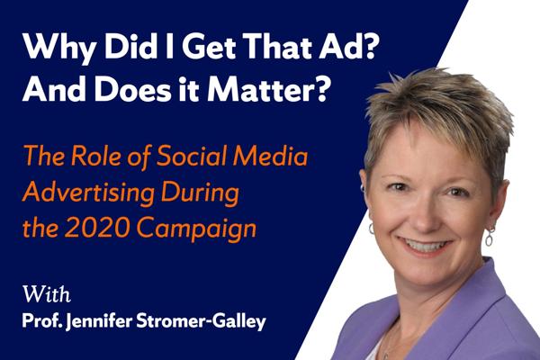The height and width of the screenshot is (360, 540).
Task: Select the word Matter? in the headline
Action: pyautogui.click(x=267, y=88)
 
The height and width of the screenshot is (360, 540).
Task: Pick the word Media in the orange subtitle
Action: pyautogui.click(x=270, y=156)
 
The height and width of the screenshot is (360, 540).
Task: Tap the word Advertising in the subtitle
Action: pyautogui.click(x=88, y=193)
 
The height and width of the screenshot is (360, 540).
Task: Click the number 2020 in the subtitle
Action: pyautogui.click(x=97, y=228)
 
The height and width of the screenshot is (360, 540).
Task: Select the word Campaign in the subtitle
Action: pyautogui.click(x=196, y=230)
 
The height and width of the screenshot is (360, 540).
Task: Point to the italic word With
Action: pyautogui.click(x=47, y=294)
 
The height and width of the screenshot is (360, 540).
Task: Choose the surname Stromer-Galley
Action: pyautogui.click(x=201, y=322)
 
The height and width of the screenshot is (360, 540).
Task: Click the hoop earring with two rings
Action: pyautogui.click(x=490, y=237)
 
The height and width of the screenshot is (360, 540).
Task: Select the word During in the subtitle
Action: pyautogui.click(x=200, y=193)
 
